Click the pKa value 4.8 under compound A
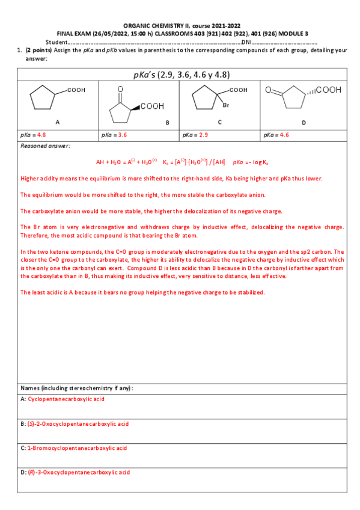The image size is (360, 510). [x=41, y=135]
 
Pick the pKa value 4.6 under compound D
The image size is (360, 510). [x=284, y=135]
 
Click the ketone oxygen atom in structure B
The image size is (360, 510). [x=120, y=88]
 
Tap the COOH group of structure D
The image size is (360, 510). [x=329, y=90]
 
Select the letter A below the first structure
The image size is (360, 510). [x=57, y=122]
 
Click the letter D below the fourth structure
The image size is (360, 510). [x=304, y=122]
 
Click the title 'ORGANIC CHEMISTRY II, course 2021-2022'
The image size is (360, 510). [x=182, y=26]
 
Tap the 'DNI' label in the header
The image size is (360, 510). [x=246, y=42]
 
